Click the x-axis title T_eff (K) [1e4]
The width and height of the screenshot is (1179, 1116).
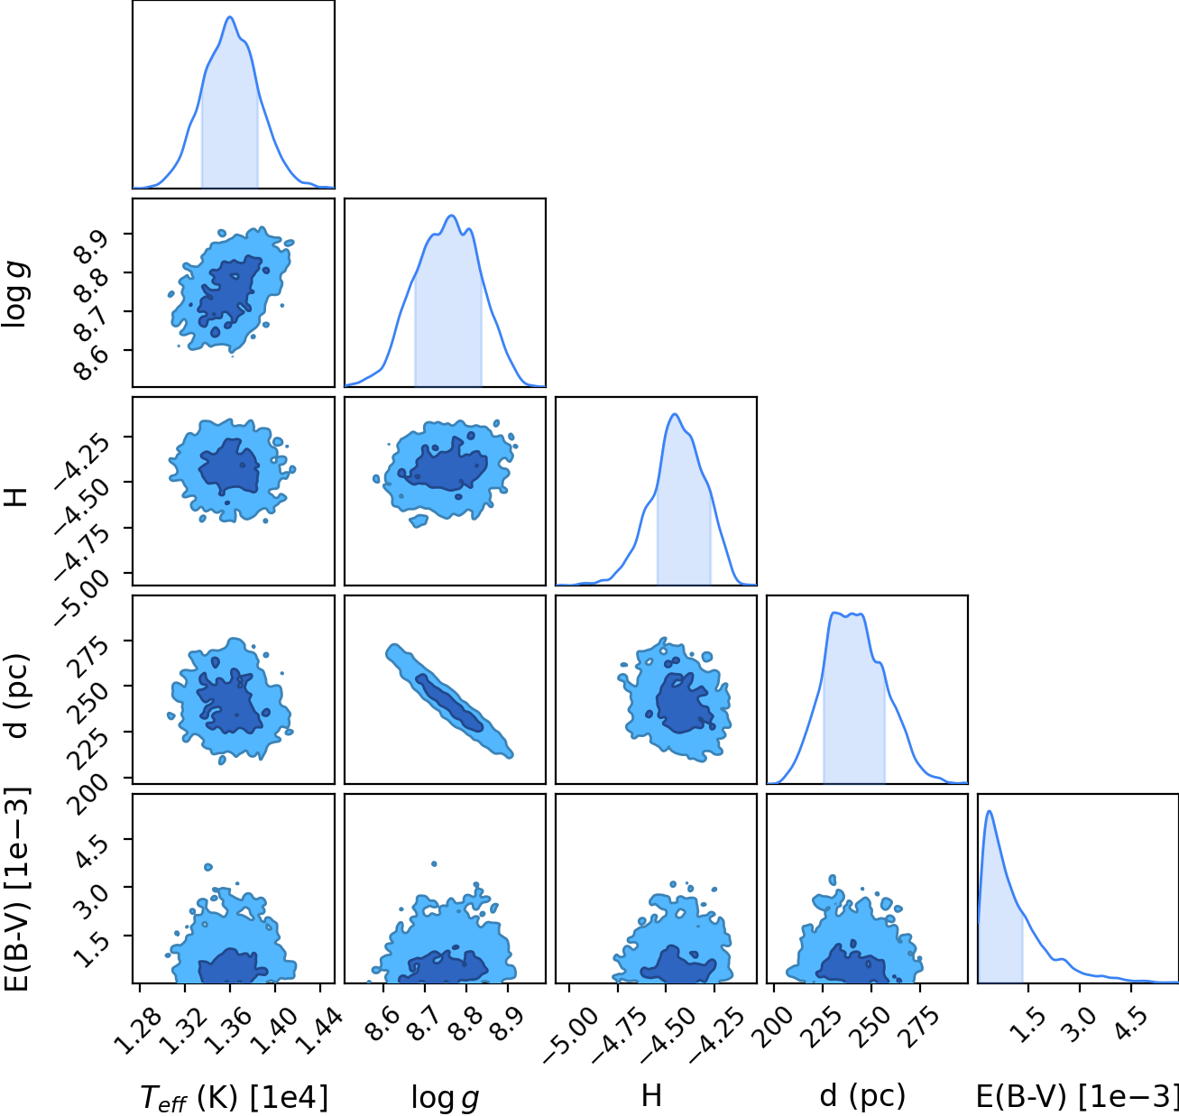pos(235,1097)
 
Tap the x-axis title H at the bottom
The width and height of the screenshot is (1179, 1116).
pos(651,1095)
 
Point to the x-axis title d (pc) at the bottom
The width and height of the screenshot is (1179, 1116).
pos(862,1097)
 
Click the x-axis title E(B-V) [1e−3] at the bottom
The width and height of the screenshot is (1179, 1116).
pos(1077,1097)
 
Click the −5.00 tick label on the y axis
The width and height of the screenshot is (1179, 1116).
pos(81,597)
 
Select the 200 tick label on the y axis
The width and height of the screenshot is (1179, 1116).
pos(90,794)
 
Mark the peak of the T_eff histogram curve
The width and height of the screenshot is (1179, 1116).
pos(230,17)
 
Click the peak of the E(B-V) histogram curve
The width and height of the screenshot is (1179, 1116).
pos(989,811)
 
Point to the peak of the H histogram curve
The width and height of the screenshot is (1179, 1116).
pos(676,414)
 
